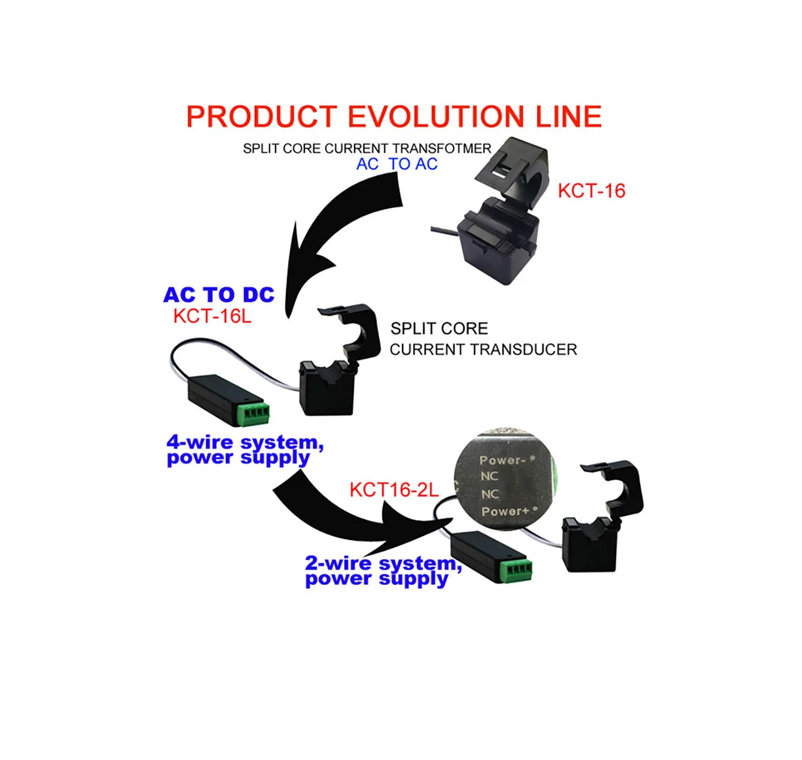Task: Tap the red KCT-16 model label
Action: point(591,191)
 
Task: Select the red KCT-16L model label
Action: point(212,316)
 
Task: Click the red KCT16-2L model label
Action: point(393,490)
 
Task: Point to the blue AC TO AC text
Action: point(397,165)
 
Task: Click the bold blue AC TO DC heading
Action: point(219,295)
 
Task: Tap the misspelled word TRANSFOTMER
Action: point(442,149)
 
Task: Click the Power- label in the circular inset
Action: point(502,460)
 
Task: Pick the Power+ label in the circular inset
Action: point(505,511)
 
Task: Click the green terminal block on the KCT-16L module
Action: point(254,412)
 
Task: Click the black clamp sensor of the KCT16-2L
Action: point(600,520)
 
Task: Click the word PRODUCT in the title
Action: point(262,117)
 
